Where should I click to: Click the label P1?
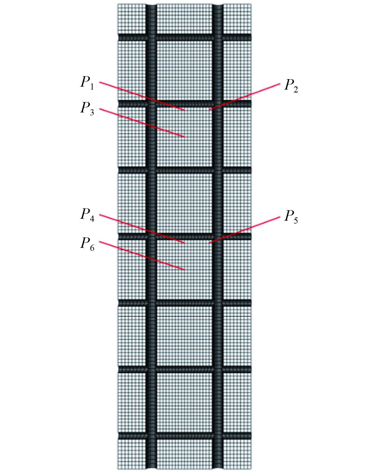click(x=87, y=83)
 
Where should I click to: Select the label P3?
click(x=87, y=109)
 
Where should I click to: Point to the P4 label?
click(x=87, y=215)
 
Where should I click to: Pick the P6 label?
click(x=87, y=244)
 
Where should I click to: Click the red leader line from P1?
click(x=141, y=96)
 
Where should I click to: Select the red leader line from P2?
click(x=245, y=97)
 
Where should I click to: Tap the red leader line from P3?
click(x=141, y=123)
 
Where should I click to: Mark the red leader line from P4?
click(x=141, y=229)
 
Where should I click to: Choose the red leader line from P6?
click(x=141, y=256)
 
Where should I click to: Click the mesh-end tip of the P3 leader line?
click(x=184, y=137)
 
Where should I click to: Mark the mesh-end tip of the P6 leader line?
click(x=184, y=270)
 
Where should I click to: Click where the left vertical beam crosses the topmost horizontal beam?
click(x=151, y=37)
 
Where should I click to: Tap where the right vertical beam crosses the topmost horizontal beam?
click(x=218, y=37)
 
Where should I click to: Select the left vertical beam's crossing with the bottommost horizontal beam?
click(x=151, y=436)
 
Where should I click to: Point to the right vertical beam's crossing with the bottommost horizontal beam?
click(x=218, y=436)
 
